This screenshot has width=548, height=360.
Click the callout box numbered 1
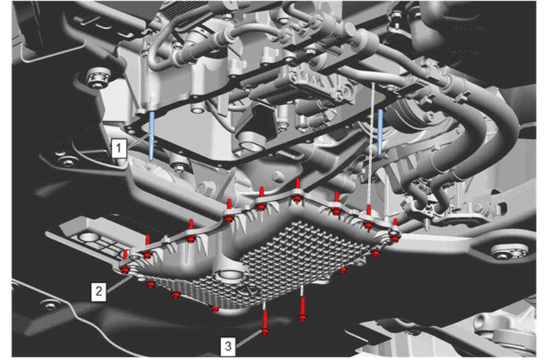(118, 148)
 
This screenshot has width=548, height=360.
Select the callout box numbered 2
(99, 291)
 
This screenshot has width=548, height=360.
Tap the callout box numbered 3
(228, 346)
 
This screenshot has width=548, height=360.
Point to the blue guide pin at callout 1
(152, 136)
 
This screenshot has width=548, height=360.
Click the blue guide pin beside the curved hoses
(380, 132)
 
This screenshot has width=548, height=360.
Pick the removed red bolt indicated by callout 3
(265, 323)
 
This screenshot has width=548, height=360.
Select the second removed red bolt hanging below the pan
(302, 309)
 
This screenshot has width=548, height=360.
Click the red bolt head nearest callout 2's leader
(125, 269)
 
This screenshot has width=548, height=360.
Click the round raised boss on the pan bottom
(229, 274)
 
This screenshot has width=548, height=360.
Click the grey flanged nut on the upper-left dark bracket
(98, 77)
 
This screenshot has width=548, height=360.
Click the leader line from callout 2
(120, 283)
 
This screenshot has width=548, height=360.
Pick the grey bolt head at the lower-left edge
(50, 306)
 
